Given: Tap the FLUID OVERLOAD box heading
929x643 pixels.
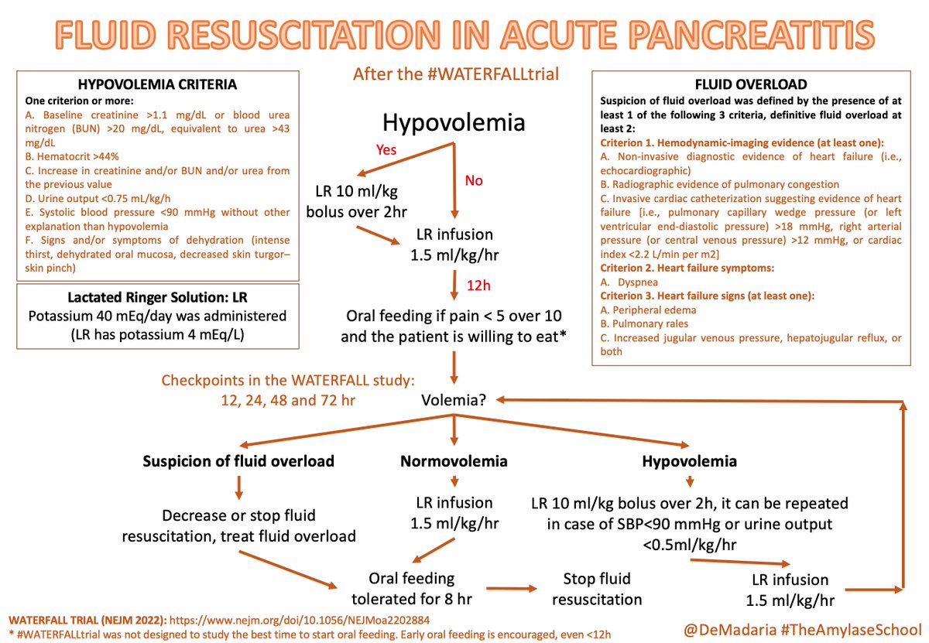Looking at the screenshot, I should [750, 84].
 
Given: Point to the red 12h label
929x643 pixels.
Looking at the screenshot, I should [479, 286].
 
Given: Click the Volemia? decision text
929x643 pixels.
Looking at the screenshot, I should [453, 402].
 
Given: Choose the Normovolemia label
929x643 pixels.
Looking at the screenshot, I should [454, 462].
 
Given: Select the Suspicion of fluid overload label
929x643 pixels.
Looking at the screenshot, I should [238, 462].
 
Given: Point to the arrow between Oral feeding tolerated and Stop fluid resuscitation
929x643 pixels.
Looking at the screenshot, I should [507, 590].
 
